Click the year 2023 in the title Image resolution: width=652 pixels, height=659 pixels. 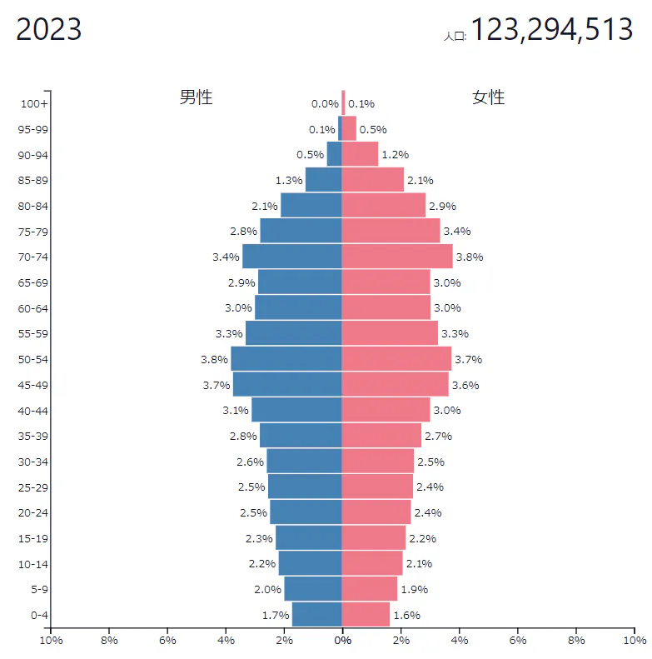click(x=49, y=30)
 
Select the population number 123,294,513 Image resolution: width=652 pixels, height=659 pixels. click(x=552, y=30)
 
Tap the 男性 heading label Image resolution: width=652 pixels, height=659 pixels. click(x=197, y=97)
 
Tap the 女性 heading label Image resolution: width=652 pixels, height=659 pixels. click(x=489, y=97)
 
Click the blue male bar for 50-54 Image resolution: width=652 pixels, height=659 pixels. click(x=286, y=359)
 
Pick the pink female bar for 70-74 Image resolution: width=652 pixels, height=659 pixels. click(x=397, y=257)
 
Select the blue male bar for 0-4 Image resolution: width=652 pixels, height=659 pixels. click(x=317, y=615)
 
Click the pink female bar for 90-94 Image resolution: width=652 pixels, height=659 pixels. click(x=360, y=154)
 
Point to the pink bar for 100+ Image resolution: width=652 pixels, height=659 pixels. click(x=343, y=103)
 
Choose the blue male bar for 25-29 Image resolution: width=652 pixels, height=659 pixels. click(x=305, y=487)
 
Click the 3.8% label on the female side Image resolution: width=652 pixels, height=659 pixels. click(x=470, y=257)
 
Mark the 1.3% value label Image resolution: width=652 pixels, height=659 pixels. click(x=288, y=180)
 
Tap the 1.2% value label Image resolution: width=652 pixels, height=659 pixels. click(x=395, y=155)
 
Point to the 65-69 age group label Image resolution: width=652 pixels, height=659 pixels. click(x=34, y=282)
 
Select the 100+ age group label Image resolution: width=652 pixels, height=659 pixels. click(x=35, y=103)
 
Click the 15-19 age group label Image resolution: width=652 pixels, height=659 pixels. click(x=34, y=538)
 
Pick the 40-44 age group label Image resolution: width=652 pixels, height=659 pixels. click(x=34, y=410)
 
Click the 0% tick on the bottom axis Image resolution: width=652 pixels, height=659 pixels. click(x=342, y=641)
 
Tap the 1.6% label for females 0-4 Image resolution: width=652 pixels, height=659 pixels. click(x=406, y=615)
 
